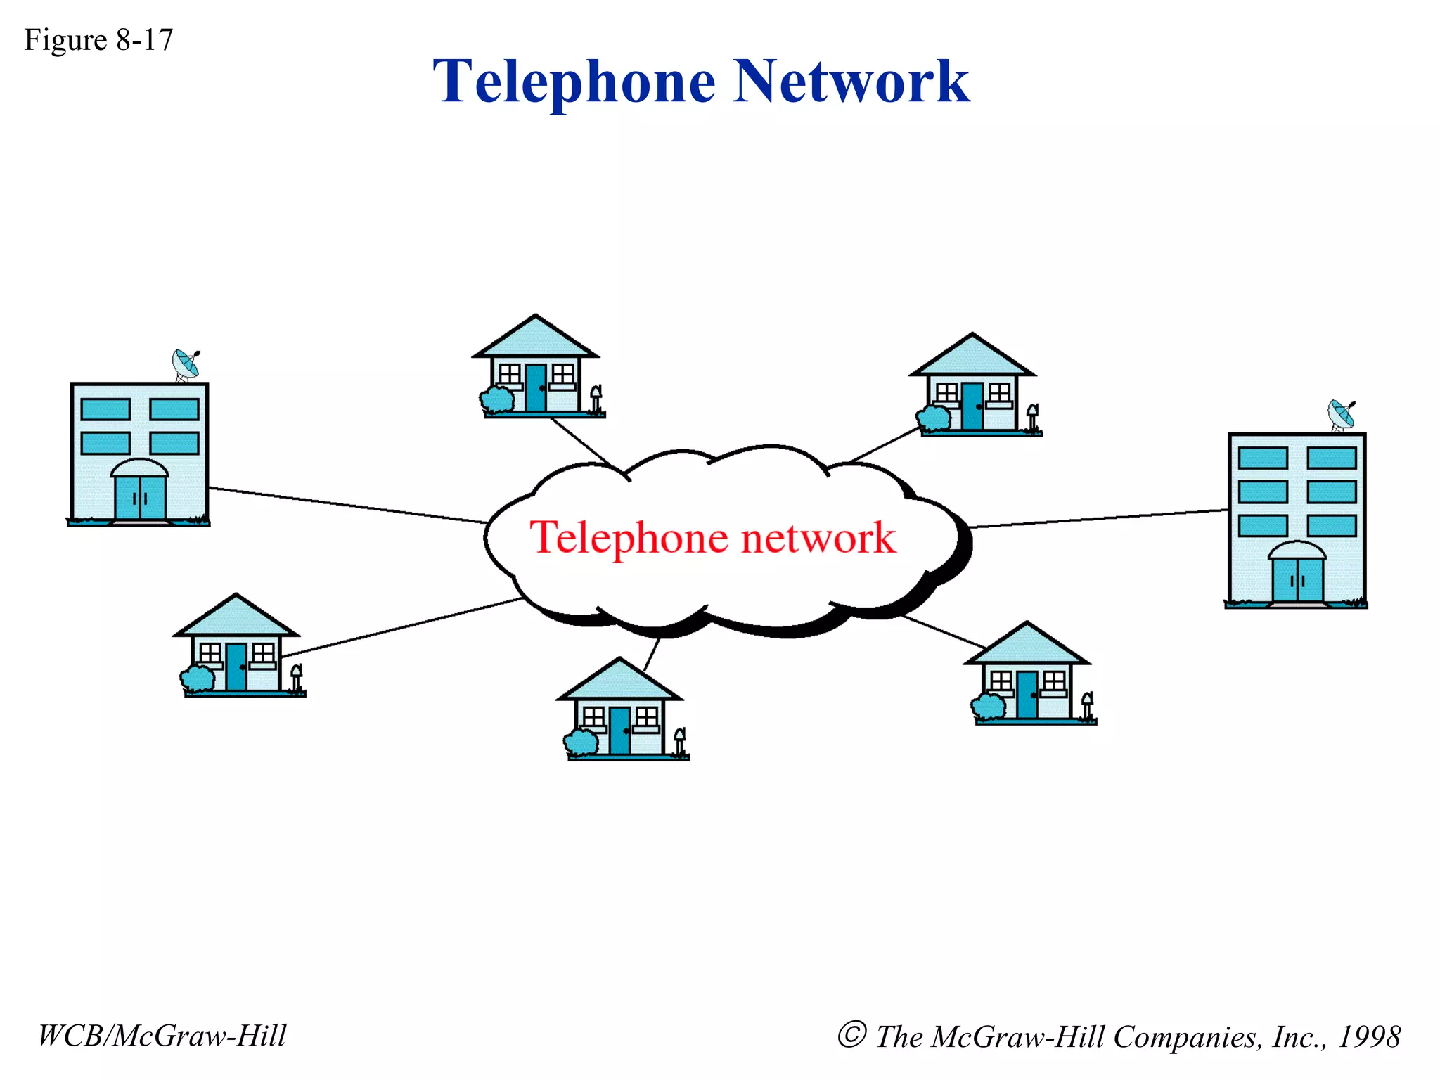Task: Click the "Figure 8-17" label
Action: (x=98, y=40)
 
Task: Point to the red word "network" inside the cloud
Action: (x=819, y=539)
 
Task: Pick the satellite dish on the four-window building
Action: (x=186, y=364)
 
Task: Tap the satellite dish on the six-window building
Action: (x=1342, y=415)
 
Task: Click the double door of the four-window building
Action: (x=140, y=497)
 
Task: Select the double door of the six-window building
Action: (x=1297, y=579)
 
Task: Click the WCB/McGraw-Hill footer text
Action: (x=162, y=1036)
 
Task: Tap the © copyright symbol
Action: (x=851, y=1035)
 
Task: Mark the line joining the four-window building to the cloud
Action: (x=348, y=506)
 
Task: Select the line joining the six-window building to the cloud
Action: (x=1098, y=519)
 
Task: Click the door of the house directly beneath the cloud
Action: (x=619, y=731)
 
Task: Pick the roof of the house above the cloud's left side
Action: (x=536, y=338)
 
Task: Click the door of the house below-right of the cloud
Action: (x=1027, y=694)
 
